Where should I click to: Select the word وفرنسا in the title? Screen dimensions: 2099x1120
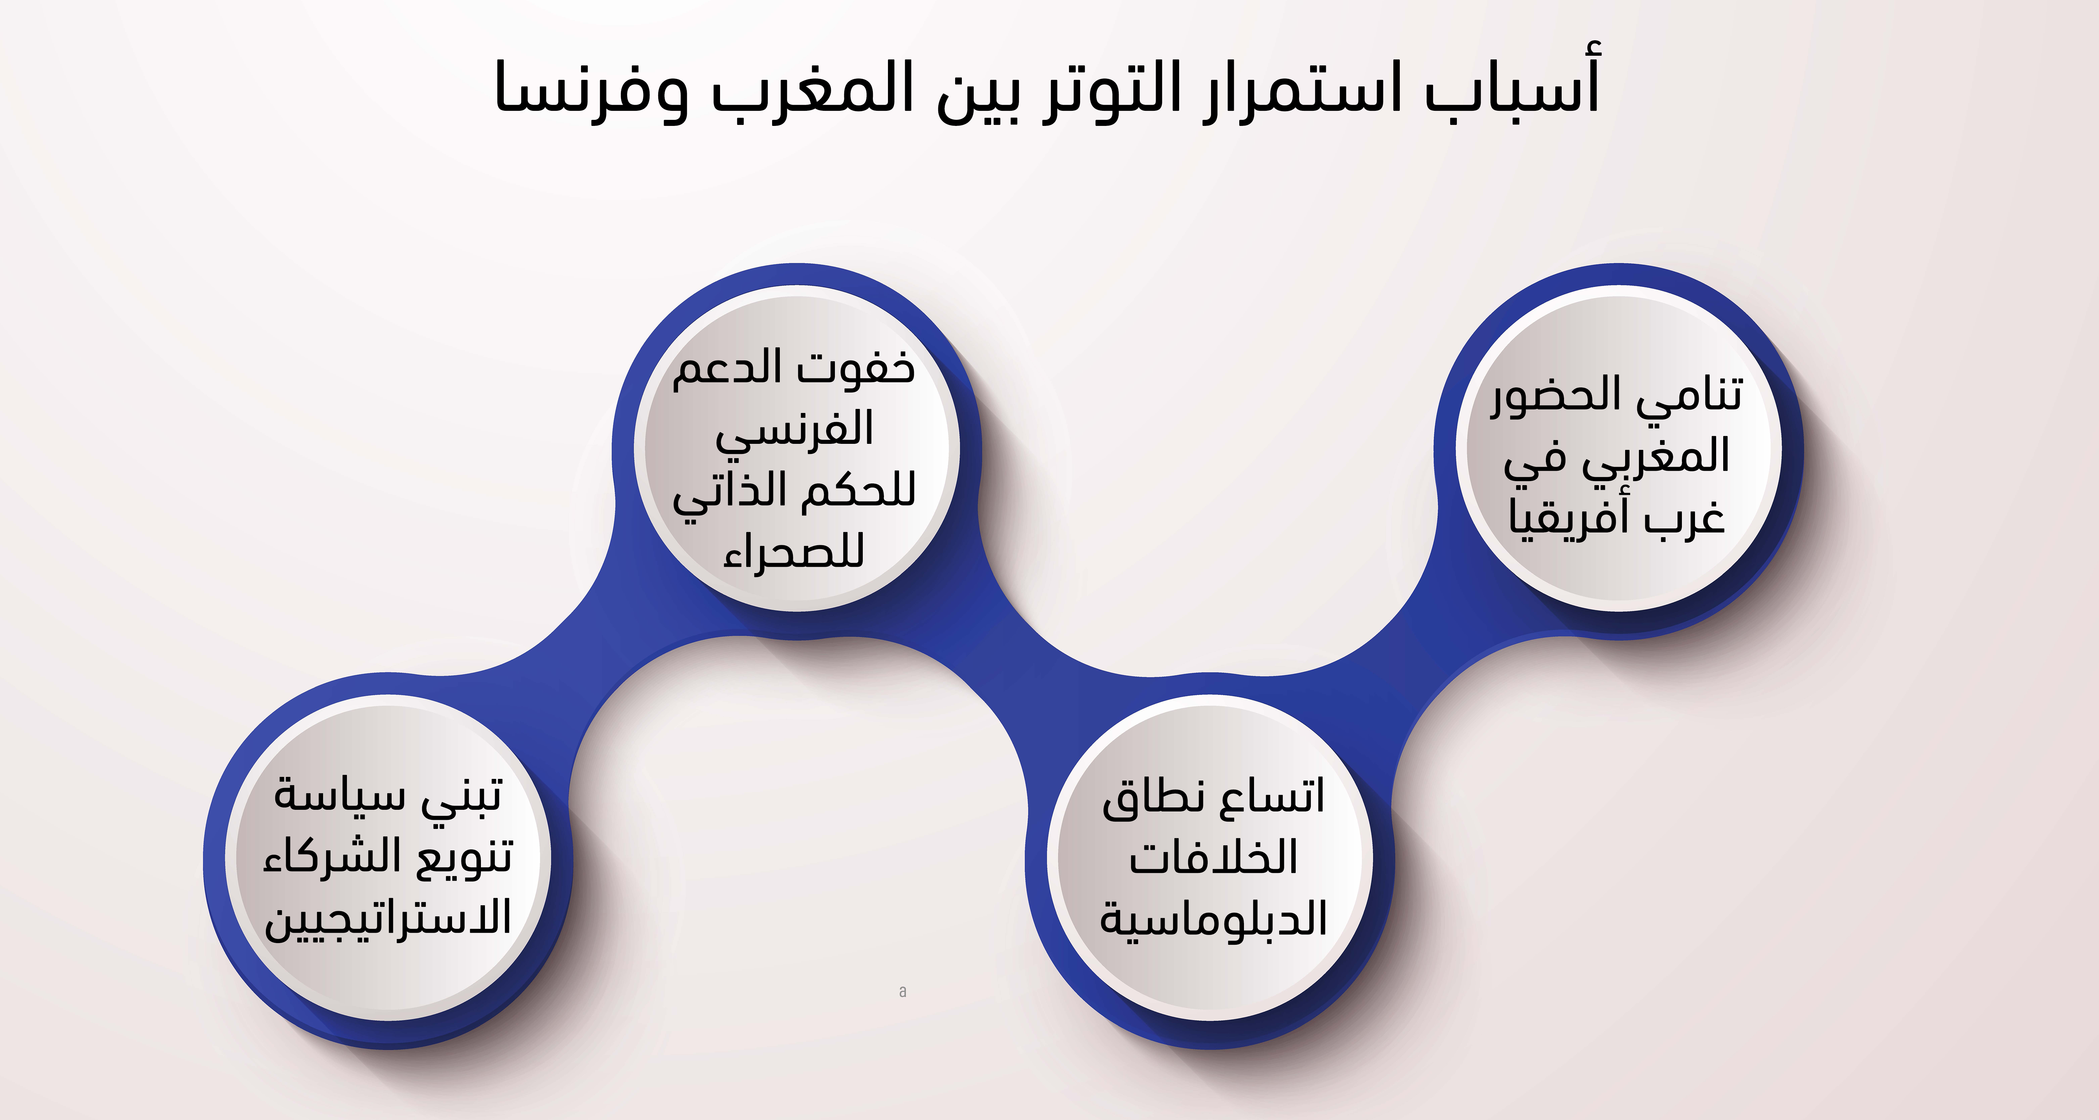[592, 90]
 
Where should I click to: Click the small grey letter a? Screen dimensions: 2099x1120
[903, 991]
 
